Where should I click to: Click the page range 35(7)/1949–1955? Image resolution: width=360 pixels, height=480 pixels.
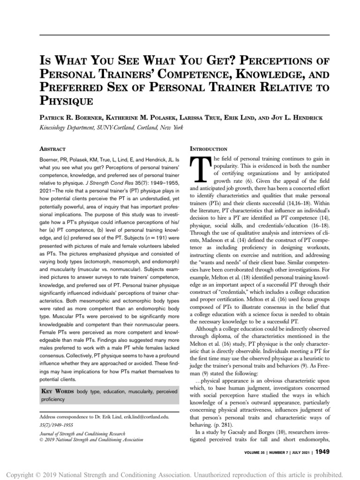57,425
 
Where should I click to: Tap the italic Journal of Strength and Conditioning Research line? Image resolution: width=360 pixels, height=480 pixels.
82,434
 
